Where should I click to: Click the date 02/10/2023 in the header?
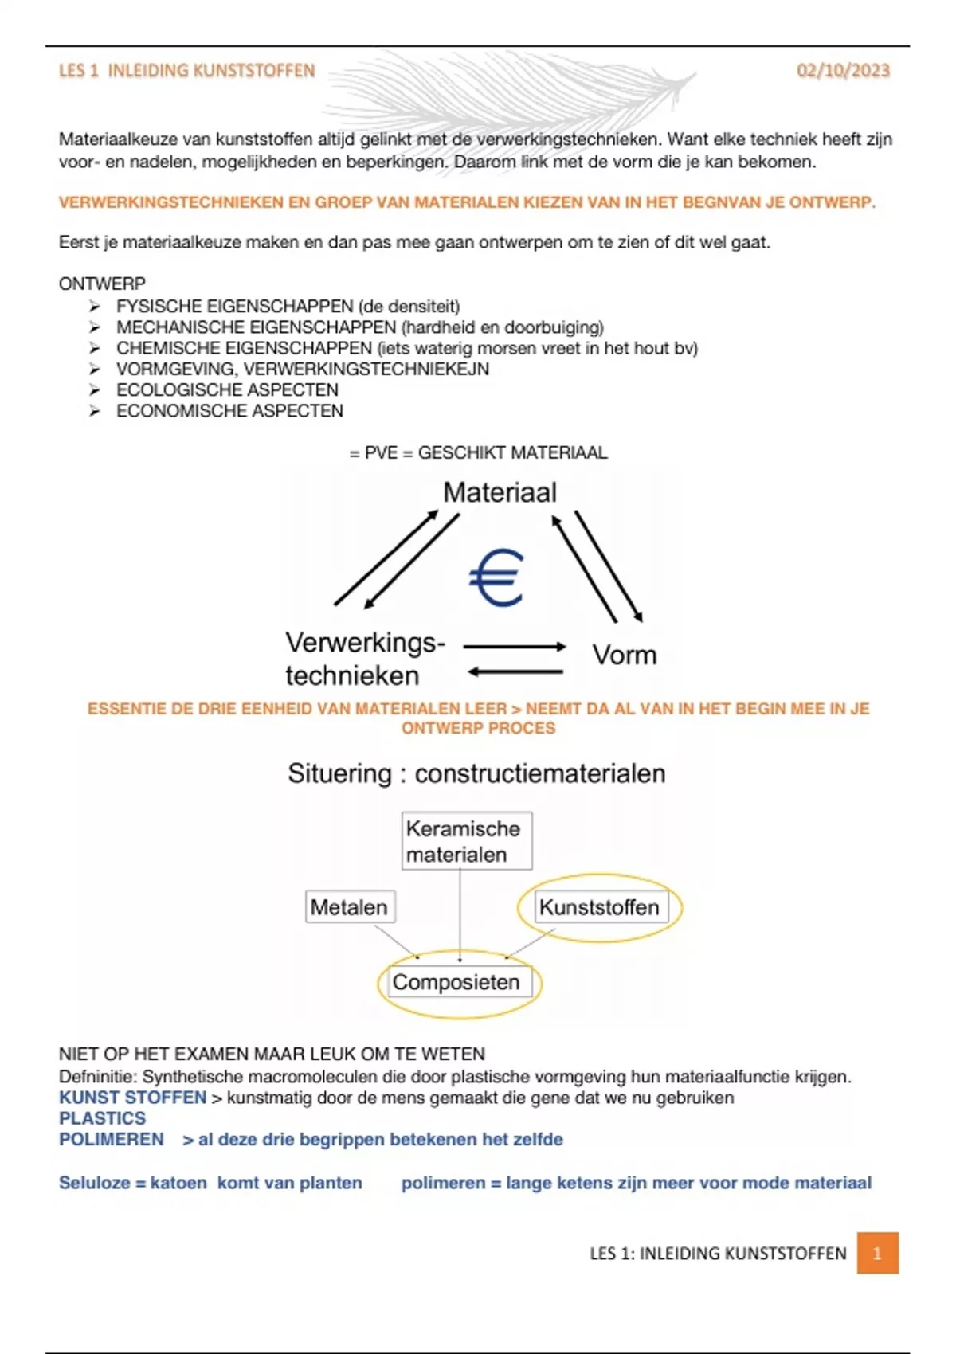coord(843,71)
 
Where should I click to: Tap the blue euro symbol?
coord(496,577)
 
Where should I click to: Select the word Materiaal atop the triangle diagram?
coord(500,492)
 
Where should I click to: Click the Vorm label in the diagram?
coord(625,655)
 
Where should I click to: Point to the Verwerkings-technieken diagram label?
coord(364,659)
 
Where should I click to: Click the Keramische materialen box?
coord(466,841)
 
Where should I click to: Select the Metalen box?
coord(350,907)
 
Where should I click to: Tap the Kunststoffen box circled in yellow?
coord(599,907)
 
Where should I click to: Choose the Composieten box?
coord(456,982)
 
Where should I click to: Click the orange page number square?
coord(877,1253)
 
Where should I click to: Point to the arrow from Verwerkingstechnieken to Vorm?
coord(515,647)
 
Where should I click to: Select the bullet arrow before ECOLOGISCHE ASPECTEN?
coord(95,390)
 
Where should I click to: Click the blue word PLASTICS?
coord(102,1118)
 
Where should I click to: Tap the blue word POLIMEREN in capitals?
coord(111,1139)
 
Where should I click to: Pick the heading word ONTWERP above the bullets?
coord(102,284)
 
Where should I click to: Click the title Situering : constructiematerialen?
coord(476,773)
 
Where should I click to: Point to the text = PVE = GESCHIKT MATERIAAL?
coord(478,452)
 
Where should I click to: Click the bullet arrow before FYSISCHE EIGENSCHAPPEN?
coord(95,307)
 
